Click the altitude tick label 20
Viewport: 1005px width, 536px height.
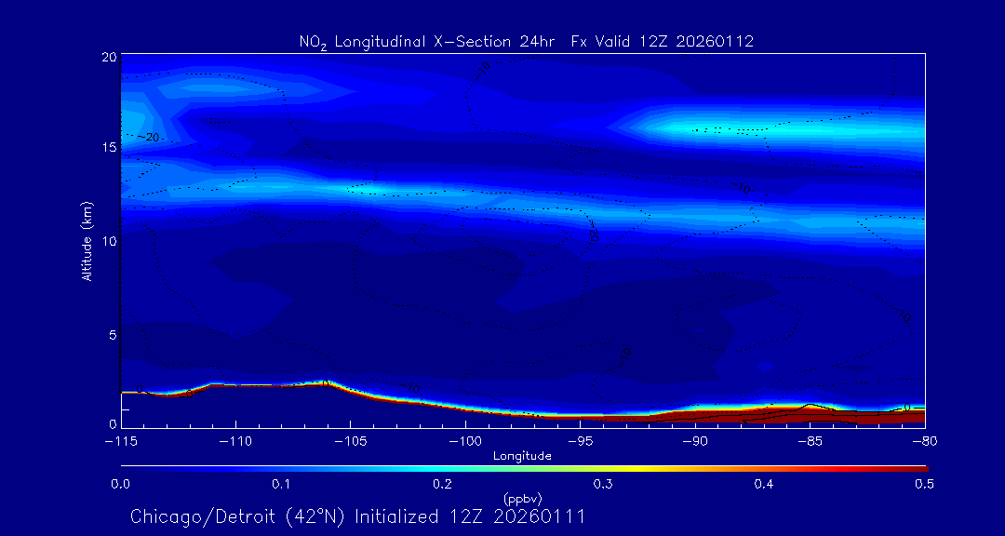coord(108,57)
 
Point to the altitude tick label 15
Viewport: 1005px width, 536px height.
coord(108,147)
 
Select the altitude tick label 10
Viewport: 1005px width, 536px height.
coord(108,241)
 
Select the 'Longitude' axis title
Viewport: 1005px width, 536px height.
coord(522,456)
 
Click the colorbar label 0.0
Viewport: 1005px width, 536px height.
coord(120,484)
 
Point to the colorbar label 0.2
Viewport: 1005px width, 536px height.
coord(442,484)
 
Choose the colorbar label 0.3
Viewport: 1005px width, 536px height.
coord(603,484)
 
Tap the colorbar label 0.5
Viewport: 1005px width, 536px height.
coord(924,484)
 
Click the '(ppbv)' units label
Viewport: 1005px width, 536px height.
coord(522,498)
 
